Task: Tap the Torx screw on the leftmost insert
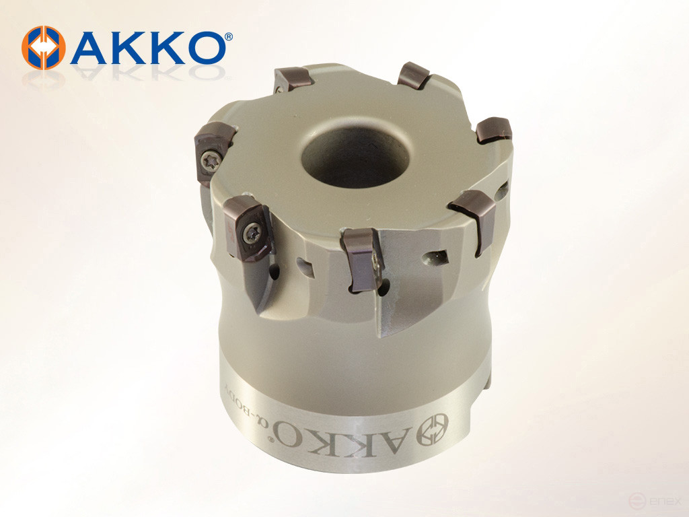click(x=207, y=160)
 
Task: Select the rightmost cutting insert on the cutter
click(x=495, y=130)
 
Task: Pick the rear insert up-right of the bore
click(x=414, y=75)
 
